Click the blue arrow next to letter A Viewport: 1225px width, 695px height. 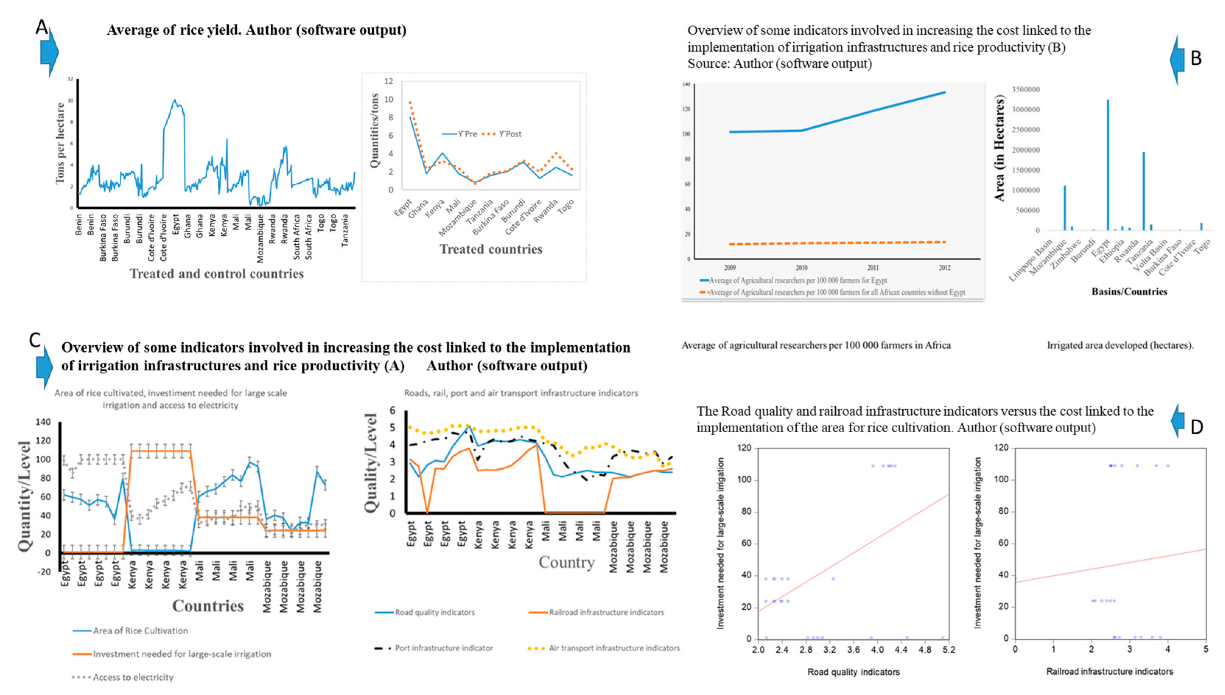(x=49, y=52)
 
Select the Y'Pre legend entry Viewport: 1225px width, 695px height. (x=459, y=134)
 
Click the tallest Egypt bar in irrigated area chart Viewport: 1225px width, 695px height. (x=1108, y=165)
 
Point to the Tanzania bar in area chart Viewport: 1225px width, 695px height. (x=1143, y=191)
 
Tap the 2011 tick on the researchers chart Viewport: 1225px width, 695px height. (x=873, y=268)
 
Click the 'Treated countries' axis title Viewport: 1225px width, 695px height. (x=491, y=249)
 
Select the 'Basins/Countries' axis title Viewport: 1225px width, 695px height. (x=1129, y=292)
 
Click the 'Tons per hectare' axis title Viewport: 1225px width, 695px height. (x=60, y=143)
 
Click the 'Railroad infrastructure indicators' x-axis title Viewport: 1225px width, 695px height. (x=1109, y=671)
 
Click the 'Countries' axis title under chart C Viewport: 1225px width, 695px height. (x=208, y=606)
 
